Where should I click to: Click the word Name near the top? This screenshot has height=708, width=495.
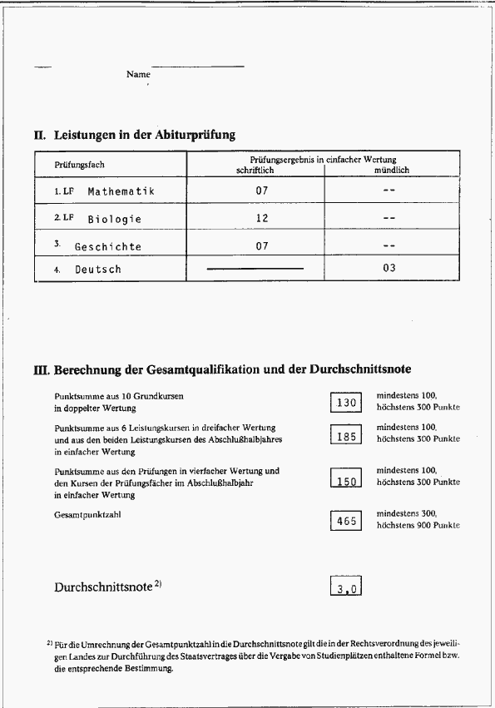138,74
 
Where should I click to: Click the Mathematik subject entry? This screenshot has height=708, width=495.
121,191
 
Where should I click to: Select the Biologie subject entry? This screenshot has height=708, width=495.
115,219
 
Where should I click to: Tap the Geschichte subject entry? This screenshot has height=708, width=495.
108,246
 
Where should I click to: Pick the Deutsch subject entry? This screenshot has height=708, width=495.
98,269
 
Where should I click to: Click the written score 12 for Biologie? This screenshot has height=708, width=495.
262,218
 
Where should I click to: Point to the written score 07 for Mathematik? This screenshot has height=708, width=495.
262,191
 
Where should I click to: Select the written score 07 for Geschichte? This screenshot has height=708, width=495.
262,245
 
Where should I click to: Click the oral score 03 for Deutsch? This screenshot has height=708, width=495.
389,268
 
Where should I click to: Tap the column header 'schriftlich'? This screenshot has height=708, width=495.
255,170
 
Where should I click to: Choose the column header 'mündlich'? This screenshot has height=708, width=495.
391,170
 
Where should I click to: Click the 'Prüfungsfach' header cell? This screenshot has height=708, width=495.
80,165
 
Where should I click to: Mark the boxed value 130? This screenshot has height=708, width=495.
346,403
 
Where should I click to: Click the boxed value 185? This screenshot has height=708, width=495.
346,436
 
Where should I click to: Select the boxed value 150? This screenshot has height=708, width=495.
346,481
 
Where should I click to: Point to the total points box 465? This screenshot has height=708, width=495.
346,521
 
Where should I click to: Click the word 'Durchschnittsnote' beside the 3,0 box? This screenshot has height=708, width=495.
103,587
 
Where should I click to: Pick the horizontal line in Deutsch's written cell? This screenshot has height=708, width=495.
255,269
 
